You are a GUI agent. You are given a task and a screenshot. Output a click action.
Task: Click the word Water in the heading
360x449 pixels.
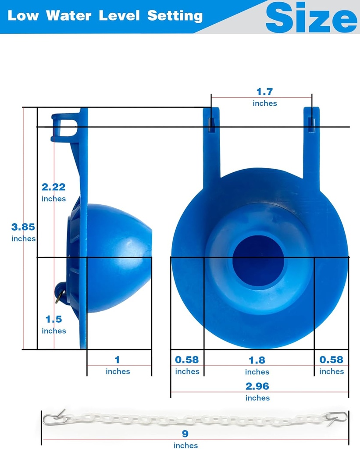69,16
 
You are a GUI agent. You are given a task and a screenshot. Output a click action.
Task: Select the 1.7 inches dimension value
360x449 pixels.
264,92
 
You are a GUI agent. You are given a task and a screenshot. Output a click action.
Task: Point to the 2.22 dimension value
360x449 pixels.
53,187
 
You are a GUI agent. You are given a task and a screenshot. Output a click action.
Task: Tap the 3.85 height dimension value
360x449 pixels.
23,227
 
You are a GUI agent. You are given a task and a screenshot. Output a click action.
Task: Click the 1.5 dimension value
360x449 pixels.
53,319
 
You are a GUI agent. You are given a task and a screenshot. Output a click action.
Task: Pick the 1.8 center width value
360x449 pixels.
257,360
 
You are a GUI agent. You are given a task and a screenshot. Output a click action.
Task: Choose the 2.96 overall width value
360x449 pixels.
257,386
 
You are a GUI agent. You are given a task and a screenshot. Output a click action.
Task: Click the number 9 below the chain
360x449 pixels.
185,434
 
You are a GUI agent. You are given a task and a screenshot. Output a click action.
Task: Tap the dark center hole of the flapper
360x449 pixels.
258,260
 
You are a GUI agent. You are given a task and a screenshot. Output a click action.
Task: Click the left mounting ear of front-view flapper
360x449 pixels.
211,140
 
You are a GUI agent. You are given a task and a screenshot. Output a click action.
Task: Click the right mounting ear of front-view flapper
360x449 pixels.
311,140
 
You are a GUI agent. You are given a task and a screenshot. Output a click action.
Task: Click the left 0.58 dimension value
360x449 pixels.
187,360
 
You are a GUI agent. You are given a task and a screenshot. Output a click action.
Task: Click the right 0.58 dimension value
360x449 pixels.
331,360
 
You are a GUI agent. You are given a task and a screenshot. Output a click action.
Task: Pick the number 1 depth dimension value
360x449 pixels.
117,360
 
